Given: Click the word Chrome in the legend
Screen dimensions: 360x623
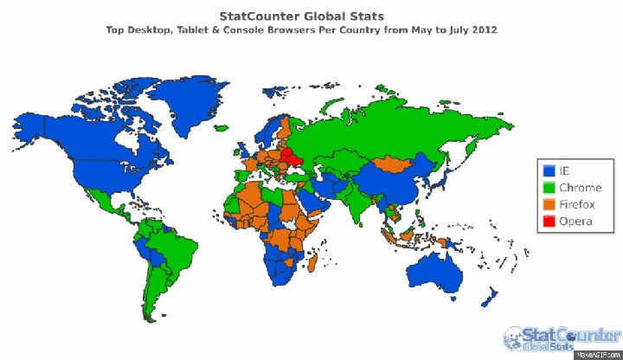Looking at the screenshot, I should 575,187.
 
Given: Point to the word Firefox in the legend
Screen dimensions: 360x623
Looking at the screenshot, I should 575,204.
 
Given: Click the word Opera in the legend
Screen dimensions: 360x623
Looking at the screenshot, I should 574,222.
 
